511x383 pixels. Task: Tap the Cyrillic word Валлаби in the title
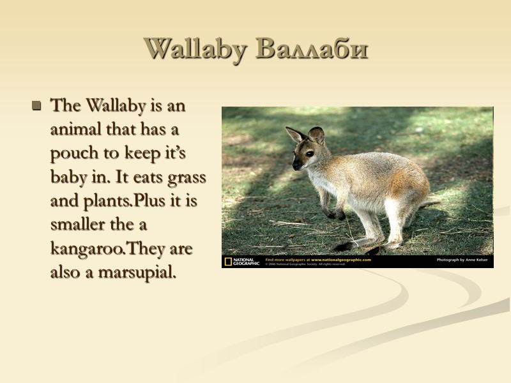point(312,49)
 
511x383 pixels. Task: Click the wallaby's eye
point(309,154)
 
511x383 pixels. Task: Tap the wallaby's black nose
point(296,167)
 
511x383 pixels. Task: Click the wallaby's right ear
point(317,134)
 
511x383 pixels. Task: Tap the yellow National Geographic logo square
point(228,261)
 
